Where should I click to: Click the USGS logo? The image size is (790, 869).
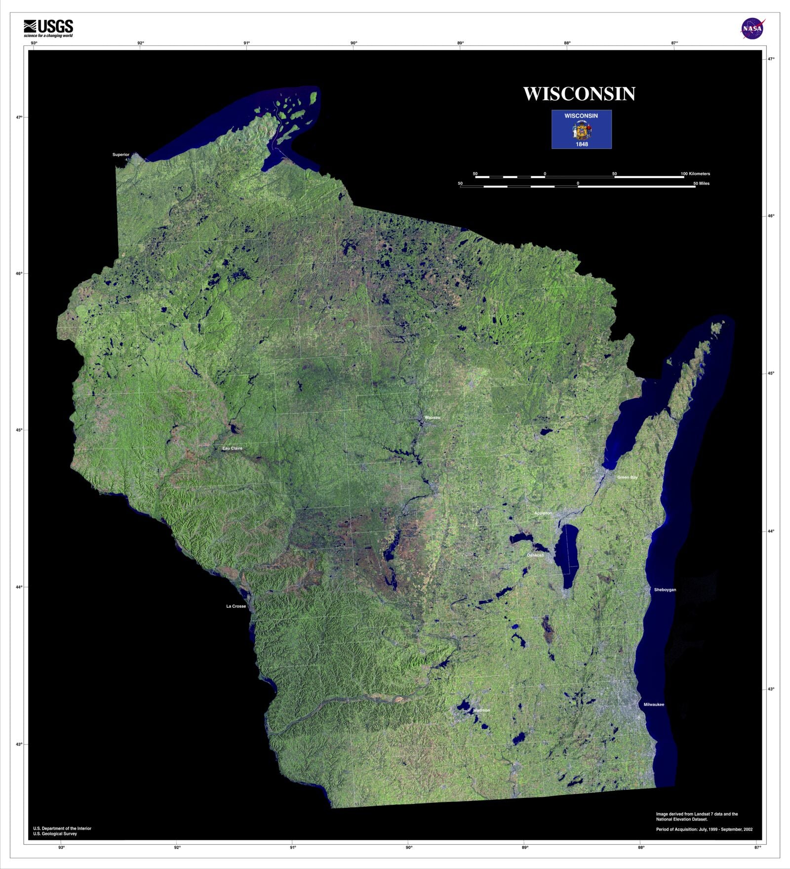click(x=48, y=28)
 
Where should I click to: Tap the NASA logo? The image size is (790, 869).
click(x=752, y=29)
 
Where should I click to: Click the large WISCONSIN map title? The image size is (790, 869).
click(x=579, y=94)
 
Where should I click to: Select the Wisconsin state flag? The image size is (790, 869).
click(x=581, y=129)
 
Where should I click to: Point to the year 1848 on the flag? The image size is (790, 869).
click(x=582, y=144)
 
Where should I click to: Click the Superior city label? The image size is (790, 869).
click(x=120, y=155)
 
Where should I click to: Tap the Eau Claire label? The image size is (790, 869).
click(x=232, y=448)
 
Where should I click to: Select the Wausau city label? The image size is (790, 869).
click(x=432, y=417)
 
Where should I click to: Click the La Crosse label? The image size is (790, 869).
click(x=236, y=606)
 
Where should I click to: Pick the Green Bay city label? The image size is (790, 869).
click(x=627, y=477)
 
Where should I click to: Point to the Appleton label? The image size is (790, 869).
click(x=543, y=513)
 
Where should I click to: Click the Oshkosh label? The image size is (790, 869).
click(x=535, y=555)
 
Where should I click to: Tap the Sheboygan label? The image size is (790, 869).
click(x=665, y=590)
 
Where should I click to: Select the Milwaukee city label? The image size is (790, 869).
click(x=654, y=704)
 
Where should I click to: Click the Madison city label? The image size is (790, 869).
click(x=481, y=710)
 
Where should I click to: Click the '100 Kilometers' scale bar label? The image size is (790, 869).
click(x=695, y=174)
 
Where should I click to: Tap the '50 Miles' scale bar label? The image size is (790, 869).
click(x=701, y=183)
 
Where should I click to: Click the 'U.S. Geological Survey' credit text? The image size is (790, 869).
click(x=55, y=834)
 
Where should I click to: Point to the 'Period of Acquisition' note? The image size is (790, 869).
click(x=704, y=829)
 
